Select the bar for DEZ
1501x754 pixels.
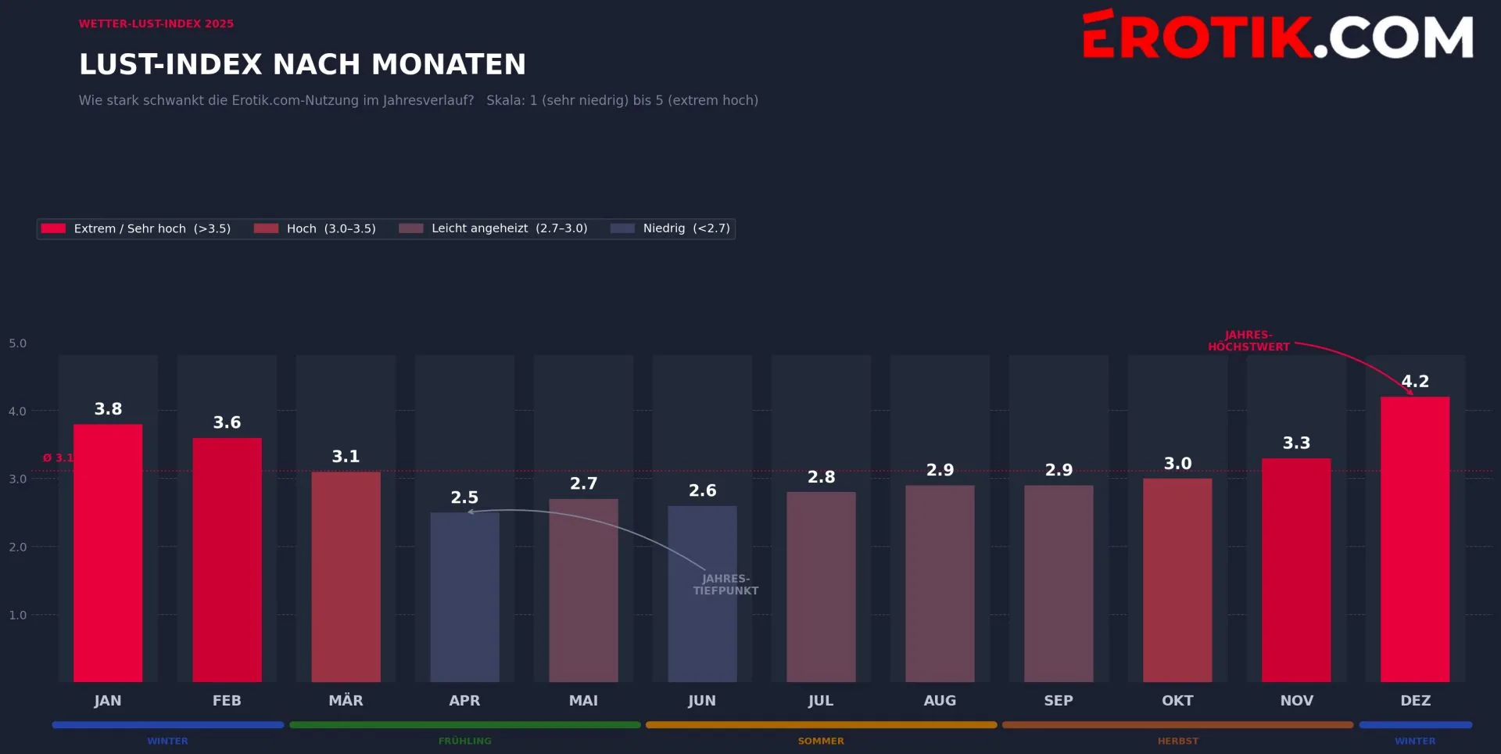(1414, 540)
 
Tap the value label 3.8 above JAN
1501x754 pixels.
(108, 409)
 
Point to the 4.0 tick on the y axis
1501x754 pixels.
(17, 411)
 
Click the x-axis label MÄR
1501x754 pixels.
(346, 701)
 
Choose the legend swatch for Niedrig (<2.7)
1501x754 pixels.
(622, 228)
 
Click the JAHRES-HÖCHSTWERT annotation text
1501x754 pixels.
(1248, 341)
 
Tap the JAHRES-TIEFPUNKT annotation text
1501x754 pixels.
(725, 585)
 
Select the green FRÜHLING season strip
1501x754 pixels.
(464, 725)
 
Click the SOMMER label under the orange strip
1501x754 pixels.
(821, 741)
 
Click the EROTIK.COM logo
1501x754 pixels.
(1277, 36)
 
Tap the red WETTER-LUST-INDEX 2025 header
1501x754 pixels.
(156, 23)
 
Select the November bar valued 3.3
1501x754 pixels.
(1295, 570)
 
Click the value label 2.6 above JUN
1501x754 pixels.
(702, 490)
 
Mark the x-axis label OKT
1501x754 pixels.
(1177, 701)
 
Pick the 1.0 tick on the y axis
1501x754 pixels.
(17, 616)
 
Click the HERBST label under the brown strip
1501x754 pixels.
(1177, 741)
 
